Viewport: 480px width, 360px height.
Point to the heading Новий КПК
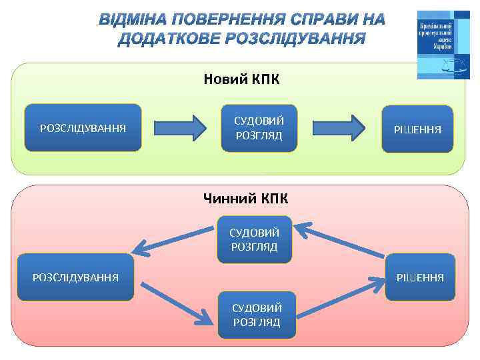[x=242, y=80]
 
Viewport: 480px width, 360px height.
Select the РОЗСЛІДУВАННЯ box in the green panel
[x=83, y=127]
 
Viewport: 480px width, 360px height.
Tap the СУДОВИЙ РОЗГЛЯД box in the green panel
[x=259, y=128]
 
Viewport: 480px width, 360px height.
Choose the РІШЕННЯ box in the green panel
[x=417, y=128]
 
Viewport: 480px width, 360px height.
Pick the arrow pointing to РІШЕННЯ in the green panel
[x=339, y=127]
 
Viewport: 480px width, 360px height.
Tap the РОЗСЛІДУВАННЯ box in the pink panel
[x=76, y=277]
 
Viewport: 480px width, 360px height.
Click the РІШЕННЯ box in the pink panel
[x=420, y=277]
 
